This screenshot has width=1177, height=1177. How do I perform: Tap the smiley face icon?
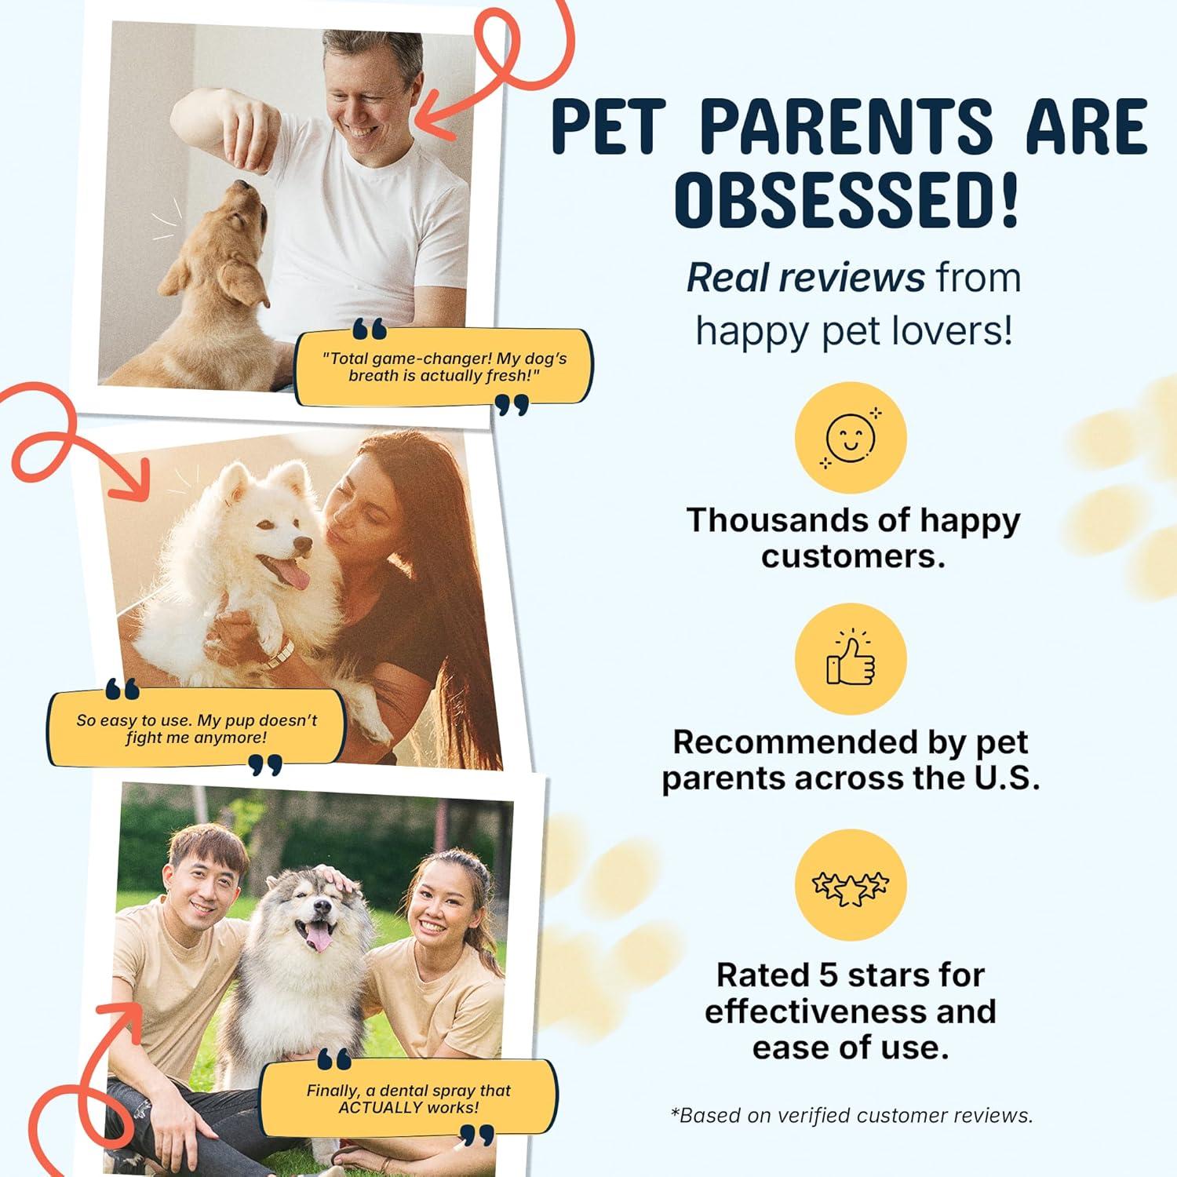coord(851,437)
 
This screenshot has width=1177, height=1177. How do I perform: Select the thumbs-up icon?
coord(851,658)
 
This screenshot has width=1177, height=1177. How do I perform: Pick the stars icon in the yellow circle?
coord(851,886)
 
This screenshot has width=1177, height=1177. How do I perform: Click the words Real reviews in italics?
coord(805,278)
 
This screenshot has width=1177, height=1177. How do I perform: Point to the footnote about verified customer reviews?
coord(851,1115)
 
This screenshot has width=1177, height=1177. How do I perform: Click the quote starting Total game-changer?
coord(444,367)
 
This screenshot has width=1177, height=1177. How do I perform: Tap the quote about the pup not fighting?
coord(196,729)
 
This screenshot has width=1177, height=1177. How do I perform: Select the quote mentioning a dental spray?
coord(408,1099)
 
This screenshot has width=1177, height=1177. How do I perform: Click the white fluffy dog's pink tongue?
coord(293,575)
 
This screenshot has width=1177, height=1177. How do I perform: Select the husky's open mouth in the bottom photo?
coord(318,934)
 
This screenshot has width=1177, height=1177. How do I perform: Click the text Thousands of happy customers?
coord(853,538)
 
